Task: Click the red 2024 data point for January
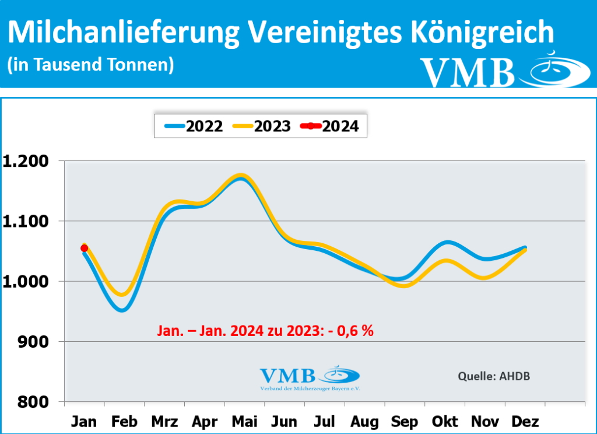tap(85, 248)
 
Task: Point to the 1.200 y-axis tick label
tap(26, 162)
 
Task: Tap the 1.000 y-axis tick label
tap(26, 282)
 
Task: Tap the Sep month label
tap(404, 421)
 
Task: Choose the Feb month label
tap(124, 421)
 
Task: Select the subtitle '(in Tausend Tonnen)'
tap(91, 65)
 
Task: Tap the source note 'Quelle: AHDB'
tap(494, 376)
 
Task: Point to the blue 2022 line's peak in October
tap(447, 242)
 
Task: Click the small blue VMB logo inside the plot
tap(310, 377)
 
